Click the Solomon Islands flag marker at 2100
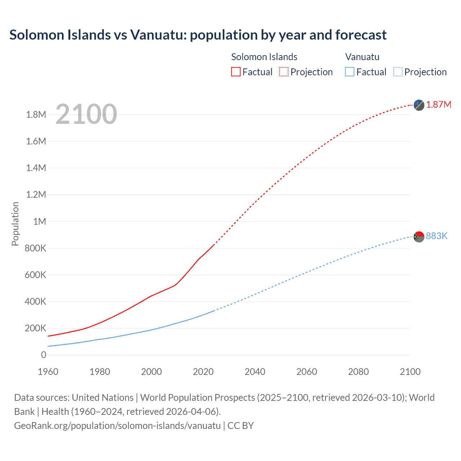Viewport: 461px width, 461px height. pos(419,105)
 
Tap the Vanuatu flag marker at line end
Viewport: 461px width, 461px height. pos(419,237)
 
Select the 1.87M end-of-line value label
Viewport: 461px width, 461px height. pos(439,105)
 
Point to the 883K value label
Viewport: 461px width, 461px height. pos(437,236)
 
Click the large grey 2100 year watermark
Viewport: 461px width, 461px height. pos(86,114)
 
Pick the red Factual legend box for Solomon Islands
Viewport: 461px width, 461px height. pos(236,72)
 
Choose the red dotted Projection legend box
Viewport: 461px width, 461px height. pos(284,72)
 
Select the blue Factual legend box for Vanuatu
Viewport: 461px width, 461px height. pos(350,72)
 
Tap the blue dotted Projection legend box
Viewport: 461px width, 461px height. pos(398,72)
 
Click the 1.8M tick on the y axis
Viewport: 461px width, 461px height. pos(36,115)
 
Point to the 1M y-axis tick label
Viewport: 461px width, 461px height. pos(40,221)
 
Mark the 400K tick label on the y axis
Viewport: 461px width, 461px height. pos(35,302)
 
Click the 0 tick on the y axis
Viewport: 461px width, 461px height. pos(44,355)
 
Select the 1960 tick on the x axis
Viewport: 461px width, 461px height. pos(48,372)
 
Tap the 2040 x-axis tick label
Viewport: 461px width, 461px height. pos(255,372)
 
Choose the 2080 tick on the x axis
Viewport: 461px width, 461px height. pos(358,372)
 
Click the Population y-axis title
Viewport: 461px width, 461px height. pos(15,224)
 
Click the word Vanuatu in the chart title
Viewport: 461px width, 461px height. pos(158,35)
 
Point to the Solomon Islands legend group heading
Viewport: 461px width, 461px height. pos(264,57)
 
